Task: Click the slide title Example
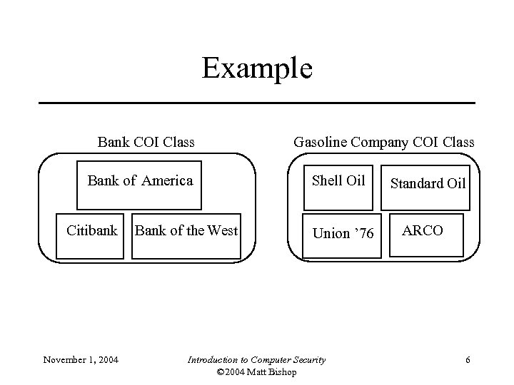[256, 68]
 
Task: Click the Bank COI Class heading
[146, 142]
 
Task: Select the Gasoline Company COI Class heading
[383, 142]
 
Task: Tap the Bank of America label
[140, 180]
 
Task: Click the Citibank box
[91, 234]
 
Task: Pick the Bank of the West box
[186, 234]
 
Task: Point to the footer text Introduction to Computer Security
[256, 359]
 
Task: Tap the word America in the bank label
[167, 180]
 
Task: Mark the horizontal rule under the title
[256, 103]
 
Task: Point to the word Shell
[328, 180]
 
